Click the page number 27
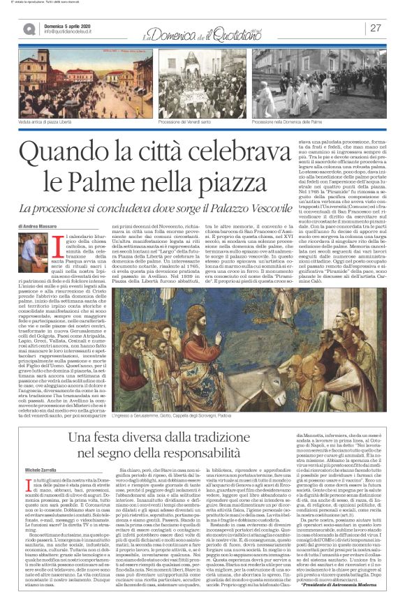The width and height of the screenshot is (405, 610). click(x=376, y=28)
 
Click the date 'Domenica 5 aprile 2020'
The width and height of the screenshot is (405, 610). click(x=73, y=25)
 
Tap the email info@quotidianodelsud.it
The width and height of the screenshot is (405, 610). click(x=73, y=32)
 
